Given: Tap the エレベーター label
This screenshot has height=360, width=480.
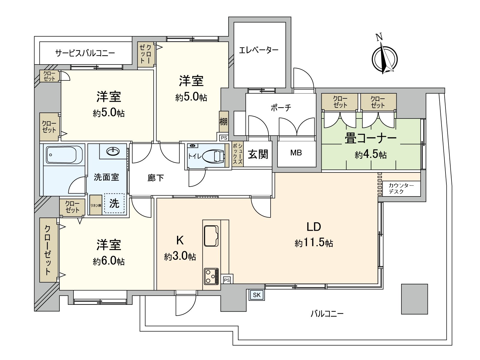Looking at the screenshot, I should click(259, 50).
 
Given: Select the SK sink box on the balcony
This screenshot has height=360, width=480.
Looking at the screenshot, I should click(256, 295).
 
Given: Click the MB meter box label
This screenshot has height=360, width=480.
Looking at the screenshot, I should click(296, 153).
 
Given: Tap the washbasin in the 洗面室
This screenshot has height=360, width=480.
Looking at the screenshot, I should click(113, 151).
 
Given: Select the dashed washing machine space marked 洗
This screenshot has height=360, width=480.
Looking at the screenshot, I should click(114, 203).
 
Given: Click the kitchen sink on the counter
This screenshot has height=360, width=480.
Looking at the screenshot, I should click(211, 236).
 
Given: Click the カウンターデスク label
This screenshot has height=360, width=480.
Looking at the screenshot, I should click(401, 189).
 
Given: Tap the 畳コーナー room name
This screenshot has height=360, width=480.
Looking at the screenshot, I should click(371, 139).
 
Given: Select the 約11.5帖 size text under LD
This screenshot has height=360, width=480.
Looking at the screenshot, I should click(314, 242).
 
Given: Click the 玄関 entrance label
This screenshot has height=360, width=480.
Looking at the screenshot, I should click(258, 154).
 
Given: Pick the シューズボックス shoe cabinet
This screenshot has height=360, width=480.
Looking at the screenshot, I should click(238, 154).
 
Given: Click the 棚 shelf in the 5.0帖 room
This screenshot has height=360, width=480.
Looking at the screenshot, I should click(223, 122).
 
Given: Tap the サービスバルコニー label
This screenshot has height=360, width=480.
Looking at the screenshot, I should click(85, 53).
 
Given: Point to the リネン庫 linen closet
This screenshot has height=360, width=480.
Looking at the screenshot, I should click(96, 205).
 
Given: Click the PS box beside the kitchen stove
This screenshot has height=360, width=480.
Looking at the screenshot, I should click(227, 280).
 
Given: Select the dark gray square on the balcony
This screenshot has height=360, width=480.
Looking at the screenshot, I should click(414, 299).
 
